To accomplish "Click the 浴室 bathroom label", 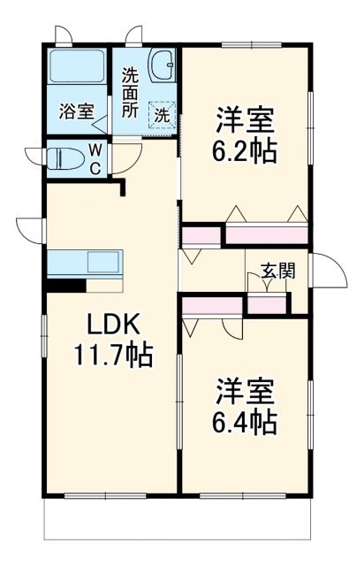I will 76,112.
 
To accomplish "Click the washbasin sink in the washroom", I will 162,65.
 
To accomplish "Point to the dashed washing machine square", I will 162,114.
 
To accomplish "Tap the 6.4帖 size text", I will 245,419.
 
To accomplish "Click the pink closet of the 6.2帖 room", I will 267,236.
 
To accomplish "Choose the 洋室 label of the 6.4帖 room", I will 245,389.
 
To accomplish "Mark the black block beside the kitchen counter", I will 64,285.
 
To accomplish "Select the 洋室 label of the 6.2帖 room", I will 245,119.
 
